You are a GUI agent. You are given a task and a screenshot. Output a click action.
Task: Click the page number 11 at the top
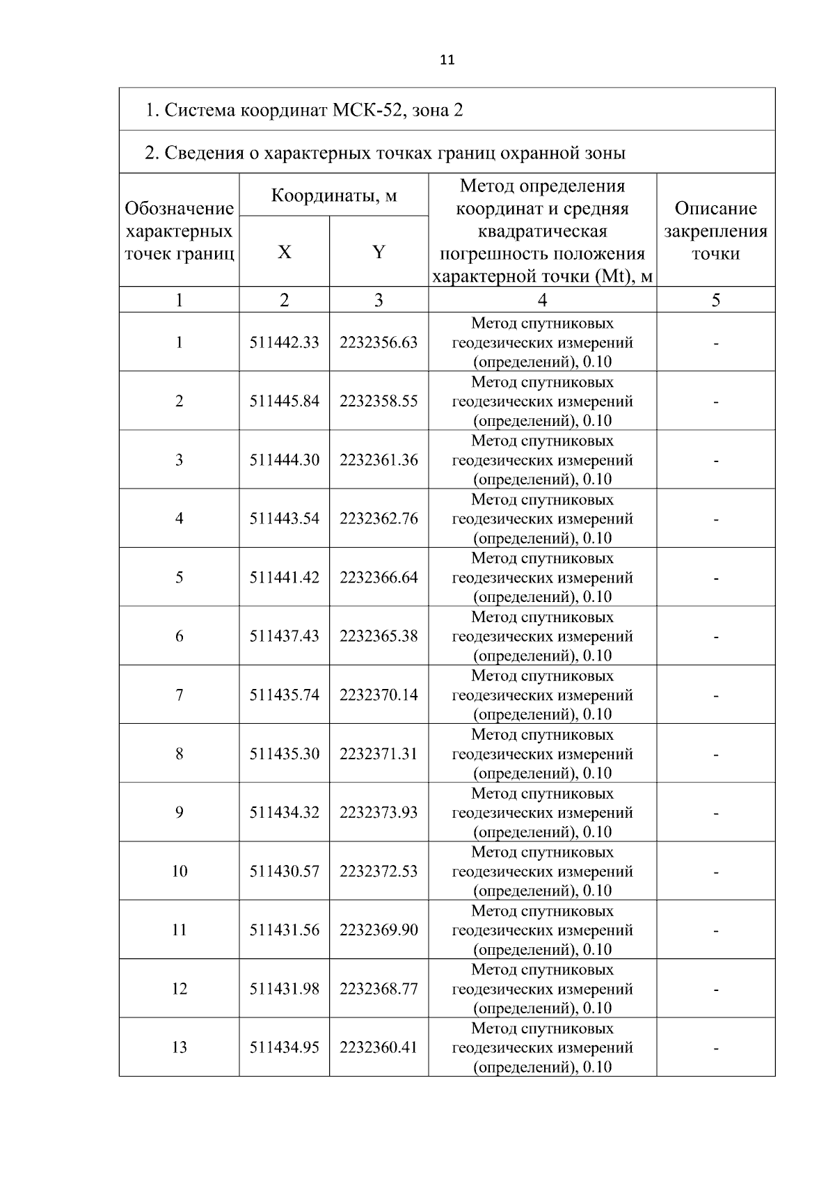[447, 60]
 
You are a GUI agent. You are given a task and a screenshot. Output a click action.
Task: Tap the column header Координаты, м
[333, 195]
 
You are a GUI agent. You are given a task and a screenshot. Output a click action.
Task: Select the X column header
[284, 252]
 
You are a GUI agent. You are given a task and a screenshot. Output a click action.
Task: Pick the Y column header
[379, 252]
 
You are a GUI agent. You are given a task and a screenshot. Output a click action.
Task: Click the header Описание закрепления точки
[715, 230]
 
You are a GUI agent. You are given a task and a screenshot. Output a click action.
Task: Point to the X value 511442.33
[284, 342]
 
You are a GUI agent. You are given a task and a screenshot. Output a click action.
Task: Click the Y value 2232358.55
[379, 401]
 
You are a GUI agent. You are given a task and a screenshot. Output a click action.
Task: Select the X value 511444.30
[284, 460]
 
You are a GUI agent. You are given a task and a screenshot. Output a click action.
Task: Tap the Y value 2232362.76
[379, 518]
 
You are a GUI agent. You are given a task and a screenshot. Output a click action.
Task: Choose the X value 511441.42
[284, 578]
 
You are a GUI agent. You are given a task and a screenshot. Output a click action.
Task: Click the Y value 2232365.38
[379, 636]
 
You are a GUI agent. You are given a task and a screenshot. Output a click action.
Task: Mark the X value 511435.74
[284, 695]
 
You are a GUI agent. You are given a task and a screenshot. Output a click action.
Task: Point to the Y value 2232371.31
[379, 754]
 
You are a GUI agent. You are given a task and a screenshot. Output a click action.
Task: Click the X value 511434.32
[284, 813]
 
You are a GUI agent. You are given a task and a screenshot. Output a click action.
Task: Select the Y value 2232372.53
[379, 871]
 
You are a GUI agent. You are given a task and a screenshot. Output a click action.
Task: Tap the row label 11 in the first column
[180, 930]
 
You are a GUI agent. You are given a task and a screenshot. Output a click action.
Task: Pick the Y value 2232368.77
[379, 989]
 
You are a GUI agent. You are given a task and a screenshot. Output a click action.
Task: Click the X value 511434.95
[284, 1047]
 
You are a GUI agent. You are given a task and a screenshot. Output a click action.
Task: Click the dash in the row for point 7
[715, 695]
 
